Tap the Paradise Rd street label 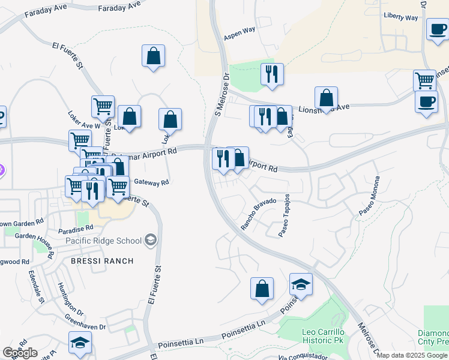pyautogui.click(x=76, y=229)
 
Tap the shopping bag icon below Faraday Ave pyautogui.click(x=154, y=56)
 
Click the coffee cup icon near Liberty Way pyautogui.click(x=437, y=28)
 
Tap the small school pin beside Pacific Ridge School pyautogui.click(x=151, y=241)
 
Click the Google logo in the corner pyautogui.click(x=20, y=353)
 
